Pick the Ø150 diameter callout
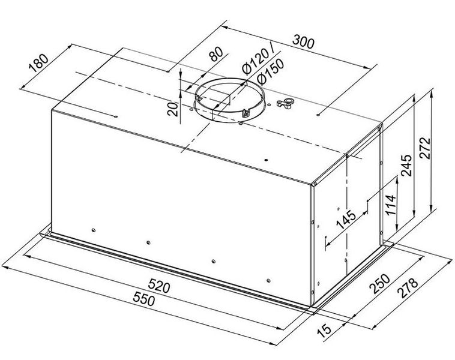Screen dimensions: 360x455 (268, 73)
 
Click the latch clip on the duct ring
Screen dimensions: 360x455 (246, 112)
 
